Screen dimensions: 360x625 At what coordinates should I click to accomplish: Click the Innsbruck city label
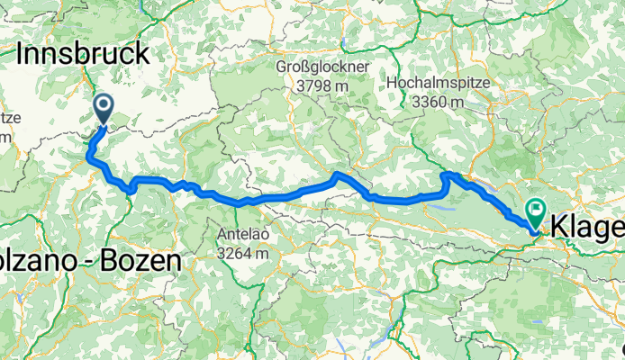click(83, 54)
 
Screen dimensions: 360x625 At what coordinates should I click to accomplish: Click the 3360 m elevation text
click(439, 101)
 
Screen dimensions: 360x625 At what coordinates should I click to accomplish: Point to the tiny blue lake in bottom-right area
click(538, 321)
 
